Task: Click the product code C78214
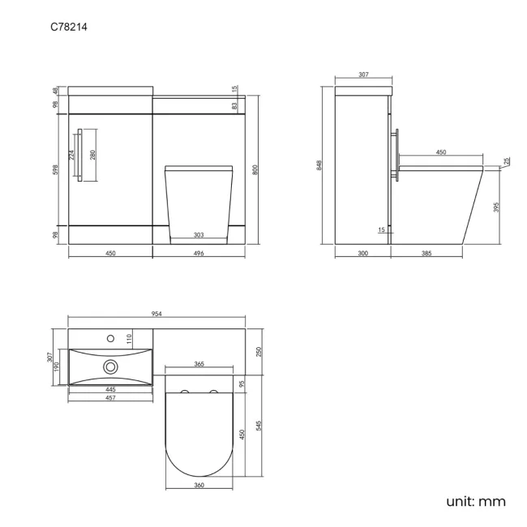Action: [69, 28]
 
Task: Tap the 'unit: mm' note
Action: [475, 501]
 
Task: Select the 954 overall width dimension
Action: [157, 313]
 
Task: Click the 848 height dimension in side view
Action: [321, 165]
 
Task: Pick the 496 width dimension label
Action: [199, 254]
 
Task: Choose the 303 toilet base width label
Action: [199, 236]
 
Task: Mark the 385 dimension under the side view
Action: [426, 254]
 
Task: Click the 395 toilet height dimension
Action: [495, 208]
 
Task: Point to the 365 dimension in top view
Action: [199, 365]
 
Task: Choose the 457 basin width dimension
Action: [109, 398]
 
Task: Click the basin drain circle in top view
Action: [109, 366]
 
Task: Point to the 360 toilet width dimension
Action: [199, 485]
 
